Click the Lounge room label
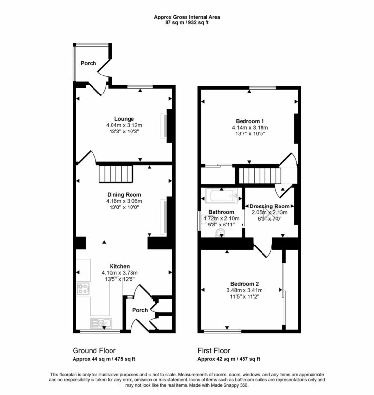[x=124, y=119]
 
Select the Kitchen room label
[x=119, y=266]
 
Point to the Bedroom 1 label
[x=250, y=121]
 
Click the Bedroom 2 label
[x=247, y=284]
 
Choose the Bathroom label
[x=222, y=212]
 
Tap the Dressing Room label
[x=270, y=206]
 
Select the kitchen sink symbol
[x=101, y=322]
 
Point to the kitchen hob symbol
[x=83, y=289]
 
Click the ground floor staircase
[x=116, y=173]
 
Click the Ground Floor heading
[x=94, y=351]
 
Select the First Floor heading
[x=214, y=351]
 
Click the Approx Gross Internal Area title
[x=187, y=17]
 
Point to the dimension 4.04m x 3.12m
[x=124, y=125]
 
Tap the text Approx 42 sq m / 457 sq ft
[x=228, y=359]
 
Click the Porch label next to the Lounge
[x=88, y=63]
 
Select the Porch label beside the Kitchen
[x=140, y=310]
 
